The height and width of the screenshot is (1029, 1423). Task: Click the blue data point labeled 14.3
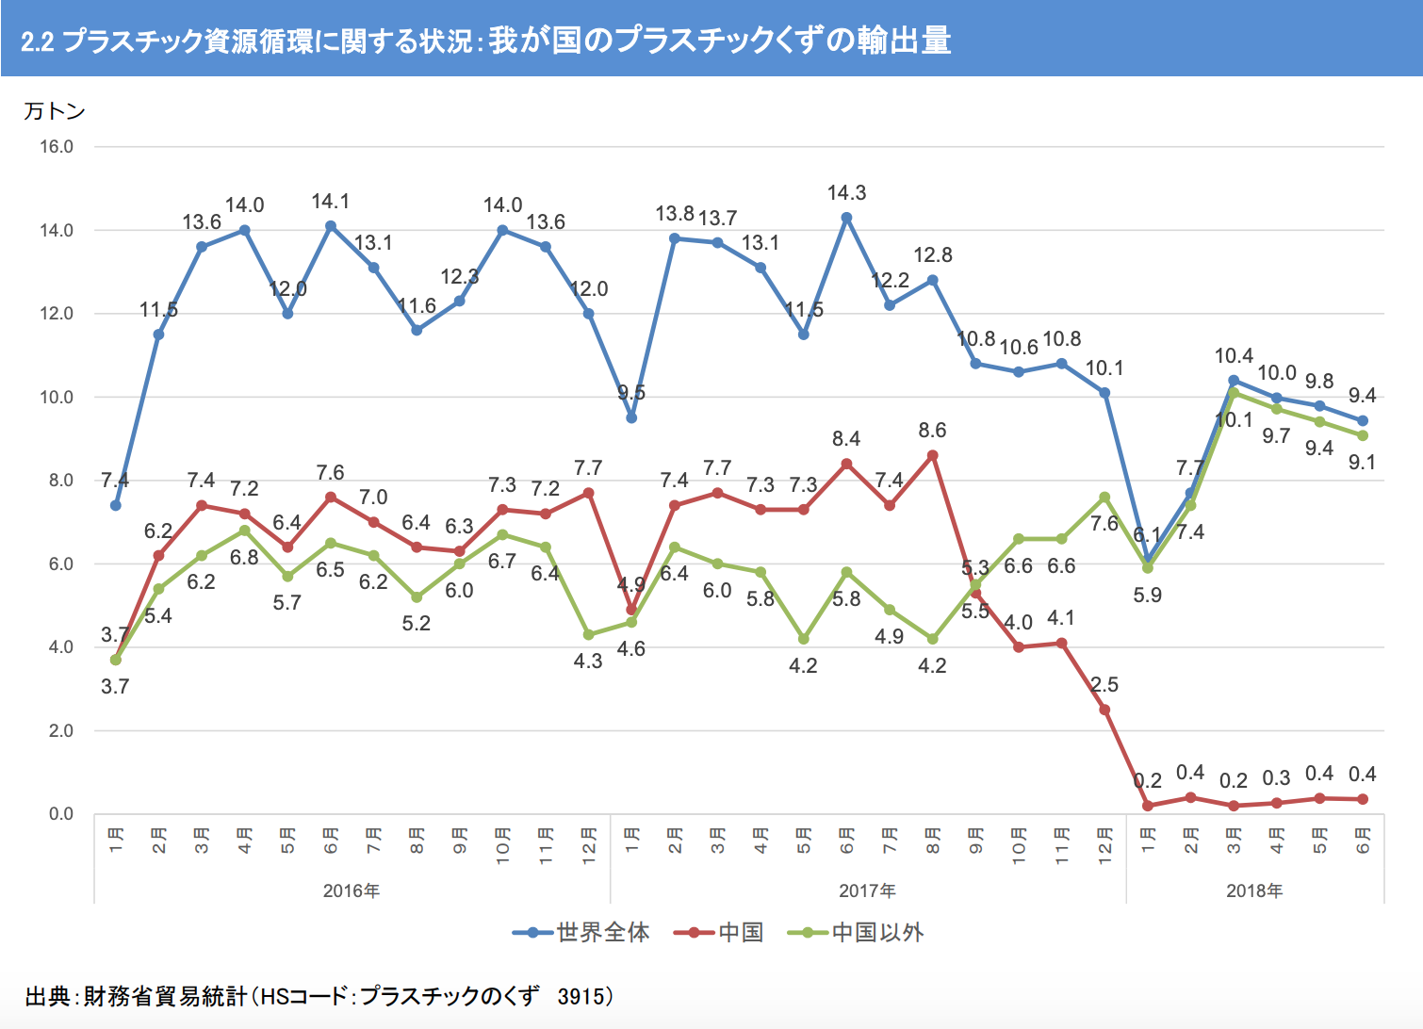click(x=846, y=218)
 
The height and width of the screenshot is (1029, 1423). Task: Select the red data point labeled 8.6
click(x=933, y=455)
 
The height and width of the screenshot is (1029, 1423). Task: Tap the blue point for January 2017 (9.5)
click(x=631, y=417)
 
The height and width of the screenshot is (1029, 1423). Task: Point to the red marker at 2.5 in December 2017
click(x=1104, y=710)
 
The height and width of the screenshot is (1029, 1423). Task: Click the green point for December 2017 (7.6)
click(x=1104, y=497)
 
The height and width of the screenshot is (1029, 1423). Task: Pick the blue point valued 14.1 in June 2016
click(x=331, y=226)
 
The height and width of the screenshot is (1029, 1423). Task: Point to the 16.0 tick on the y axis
click(x=57, y=147)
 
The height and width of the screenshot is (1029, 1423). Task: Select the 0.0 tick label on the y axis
click(x=60, y=814)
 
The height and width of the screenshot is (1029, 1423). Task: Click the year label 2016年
click(x=352, y=891)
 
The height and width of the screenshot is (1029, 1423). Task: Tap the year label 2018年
click(x=1254, y=891)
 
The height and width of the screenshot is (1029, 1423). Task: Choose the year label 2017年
click(x=867, y=891)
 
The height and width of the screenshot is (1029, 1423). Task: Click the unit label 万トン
click(x=55, y=111)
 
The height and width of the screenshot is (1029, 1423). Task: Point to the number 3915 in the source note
click(x=581, y=996)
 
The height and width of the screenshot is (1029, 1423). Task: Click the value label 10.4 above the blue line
click(x=1234, y=356)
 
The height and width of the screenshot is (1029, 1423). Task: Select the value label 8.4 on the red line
click(x=846, y=439)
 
